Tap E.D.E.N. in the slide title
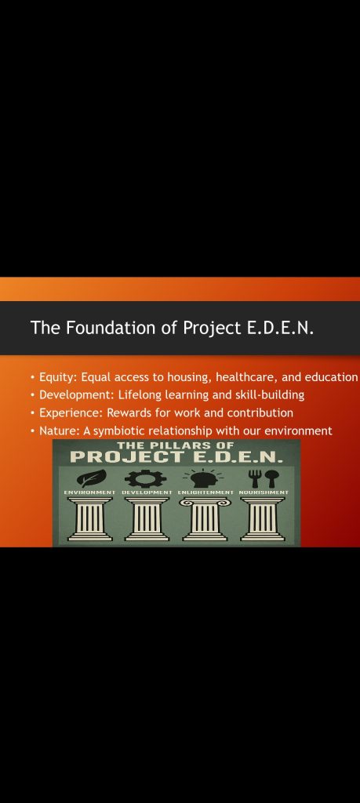click(x=281, y=327)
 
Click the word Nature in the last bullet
click(x=58, y=431)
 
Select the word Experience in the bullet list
click(x=71, y=412)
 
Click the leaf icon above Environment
click(x=91, y=479)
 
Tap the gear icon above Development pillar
click(x=145, y=478)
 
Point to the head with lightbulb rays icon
click(x=203, y=478)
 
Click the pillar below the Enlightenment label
click(x=205, y=519)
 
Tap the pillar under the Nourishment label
click(x=263, y=519)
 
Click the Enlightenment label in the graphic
click(x=205, y=492)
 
